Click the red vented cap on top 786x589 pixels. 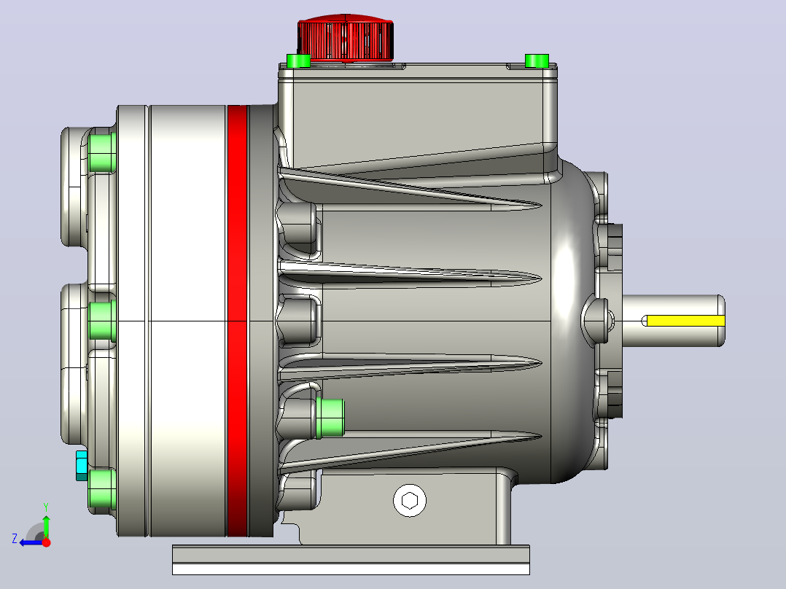pyautogui.click(x=345, y=38)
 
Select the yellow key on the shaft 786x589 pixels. pyautogui.click(x=685, y=321)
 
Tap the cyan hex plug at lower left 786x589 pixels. pyautogui.click(x=82, y=465)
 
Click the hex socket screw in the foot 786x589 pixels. pyautogui.click(x=410, y=500)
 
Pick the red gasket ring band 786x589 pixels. pyautogui.click(x=238, y=321)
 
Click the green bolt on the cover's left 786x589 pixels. pyautogui.click(x=299, y=61)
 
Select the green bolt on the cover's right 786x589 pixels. pyautogui.click(x=537, y=61)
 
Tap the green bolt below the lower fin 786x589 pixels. pyautogui.click(x=330, y=418)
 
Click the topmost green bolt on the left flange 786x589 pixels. pyautogui.click(x=102, y=152)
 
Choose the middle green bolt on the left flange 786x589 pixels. pyautogui.click(x=102, y=321)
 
